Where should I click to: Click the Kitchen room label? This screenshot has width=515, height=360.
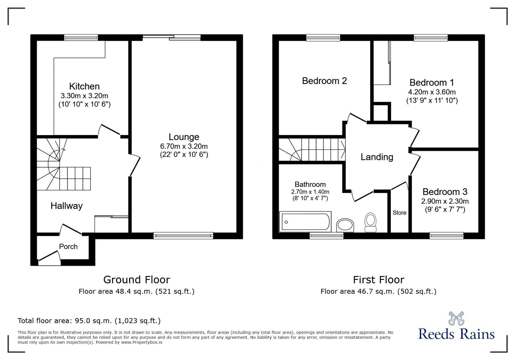coord(84,86)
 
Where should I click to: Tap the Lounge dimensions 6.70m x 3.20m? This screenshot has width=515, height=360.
coord(184,146)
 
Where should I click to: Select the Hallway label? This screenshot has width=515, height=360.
coord(67,206)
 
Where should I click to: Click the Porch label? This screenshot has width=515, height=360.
coord(68,247)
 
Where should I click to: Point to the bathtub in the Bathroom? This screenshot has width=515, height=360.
coord(305,222)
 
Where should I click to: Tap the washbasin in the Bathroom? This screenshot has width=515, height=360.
coord(345,225)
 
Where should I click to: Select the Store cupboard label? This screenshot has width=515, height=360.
coord(399,213)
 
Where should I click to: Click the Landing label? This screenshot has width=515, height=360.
coord(377,157)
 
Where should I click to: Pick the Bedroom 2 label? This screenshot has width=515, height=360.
coord(324,81)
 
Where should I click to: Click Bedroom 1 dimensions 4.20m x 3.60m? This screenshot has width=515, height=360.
coord(432,92)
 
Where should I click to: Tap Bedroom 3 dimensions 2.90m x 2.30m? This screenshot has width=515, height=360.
coord(445,201)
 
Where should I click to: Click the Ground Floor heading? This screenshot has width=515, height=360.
coord(136,280)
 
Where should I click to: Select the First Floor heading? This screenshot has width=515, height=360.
coord(379,280)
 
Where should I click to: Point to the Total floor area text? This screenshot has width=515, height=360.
coord(89,321)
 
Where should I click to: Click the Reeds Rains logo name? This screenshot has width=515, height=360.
coord(456,334)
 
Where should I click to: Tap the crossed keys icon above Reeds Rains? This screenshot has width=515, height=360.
coord(456,318)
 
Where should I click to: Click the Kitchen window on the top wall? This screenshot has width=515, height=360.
coord(81,38)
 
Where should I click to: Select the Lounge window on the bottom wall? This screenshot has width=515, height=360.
coord(183,236)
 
